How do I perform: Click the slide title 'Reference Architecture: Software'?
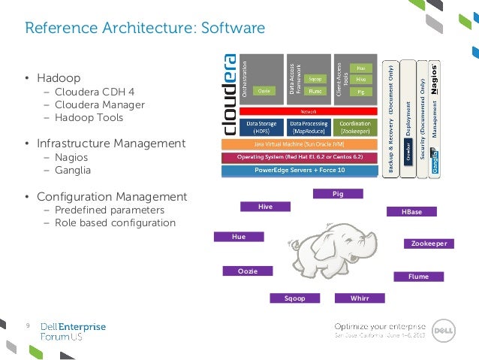[x=145, y=29]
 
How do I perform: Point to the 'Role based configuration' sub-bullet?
[x=114, y=222]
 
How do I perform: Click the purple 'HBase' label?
[x=411, y=212]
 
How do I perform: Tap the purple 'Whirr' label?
[x=360, y=298]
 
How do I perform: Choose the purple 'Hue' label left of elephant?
[x=239, y=236]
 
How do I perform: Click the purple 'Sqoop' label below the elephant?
[x=295, y=298]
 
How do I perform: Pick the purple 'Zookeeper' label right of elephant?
[x=429, y=244]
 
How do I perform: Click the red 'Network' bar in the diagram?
[x=307, y=110]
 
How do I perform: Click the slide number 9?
[x=27, y=325]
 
